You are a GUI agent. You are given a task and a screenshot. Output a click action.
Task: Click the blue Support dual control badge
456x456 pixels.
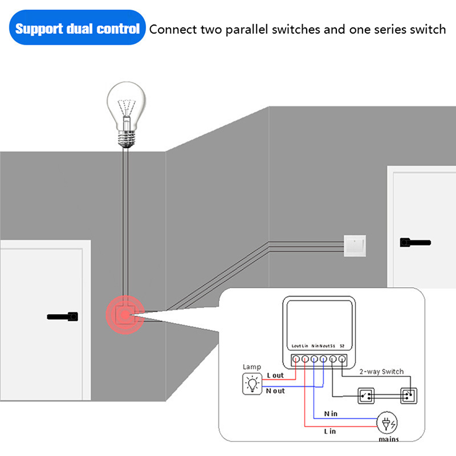[x=77, y=28]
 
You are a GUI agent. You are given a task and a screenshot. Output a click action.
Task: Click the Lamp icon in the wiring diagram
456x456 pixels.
[x=251, y=385]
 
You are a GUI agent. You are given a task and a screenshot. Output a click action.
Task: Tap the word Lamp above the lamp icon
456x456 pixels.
[x=251, y=367]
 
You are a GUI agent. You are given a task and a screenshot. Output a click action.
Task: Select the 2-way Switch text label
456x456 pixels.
[x=381, y=372]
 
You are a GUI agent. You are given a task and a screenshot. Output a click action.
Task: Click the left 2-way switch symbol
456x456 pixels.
[x=366, y=395]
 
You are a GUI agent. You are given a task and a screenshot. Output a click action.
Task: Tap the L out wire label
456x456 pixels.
[x=275, y=375]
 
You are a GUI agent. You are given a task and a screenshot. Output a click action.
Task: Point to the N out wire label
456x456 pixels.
[x=276, y=391]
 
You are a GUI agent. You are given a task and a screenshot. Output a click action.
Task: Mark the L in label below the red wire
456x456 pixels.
[x=330, y=431]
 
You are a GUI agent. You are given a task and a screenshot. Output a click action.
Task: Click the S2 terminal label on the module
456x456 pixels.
[x=341, y=346]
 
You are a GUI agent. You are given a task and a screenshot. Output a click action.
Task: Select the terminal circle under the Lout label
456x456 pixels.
[x=296, y=359]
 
